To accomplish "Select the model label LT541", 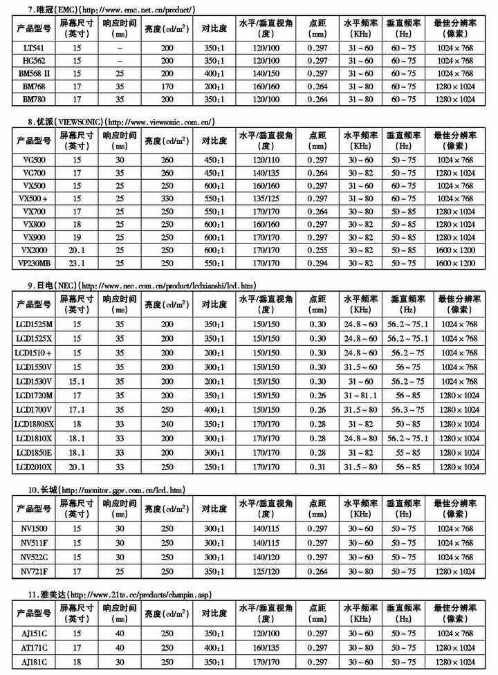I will [x=33, y=48].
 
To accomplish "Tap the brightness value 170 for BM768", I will [x=167, y=86].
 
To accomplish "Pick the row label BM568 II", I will [x=33, y=73].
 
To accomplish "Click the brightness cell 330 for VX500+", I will [x=167, y=198].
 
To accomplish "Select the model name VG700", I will [x=33, y=173].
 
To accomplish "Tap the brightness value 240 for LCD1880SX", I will [x=167, y=423].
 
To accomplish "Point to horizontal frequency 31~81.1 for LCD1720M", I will [x=360, y=395].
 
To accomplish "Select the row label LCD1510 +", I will [x=33, y=353].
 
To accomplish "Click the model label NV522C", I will [x=33, y=557].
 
